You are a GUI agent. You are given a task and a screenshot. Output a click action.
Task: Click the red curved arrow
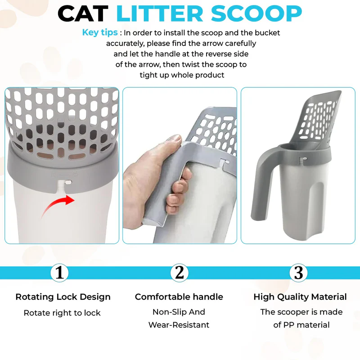tap(58, 205)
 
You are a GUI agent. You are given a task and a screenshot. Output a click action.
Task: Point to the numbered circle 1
tap(59, 272)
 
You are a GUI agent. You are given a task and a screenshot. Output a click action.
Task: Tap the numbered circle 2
tap(180, 272)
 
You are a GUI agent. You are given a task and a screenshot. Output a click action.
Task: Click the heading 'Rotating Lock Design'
tap(63, 297)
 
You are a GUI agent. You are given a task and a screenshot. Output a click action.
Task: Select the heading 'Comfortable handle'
tap(179, 297)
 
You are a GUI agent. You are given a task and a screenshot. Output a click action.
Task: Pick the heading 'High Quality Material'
tap(300, 297)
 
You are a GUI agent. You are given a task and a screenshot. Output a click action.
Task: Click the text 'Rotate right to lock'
tap(62, 313)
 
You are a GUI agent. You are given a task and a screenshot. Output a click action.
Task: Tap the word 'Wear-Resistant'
tap(179, 325)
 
